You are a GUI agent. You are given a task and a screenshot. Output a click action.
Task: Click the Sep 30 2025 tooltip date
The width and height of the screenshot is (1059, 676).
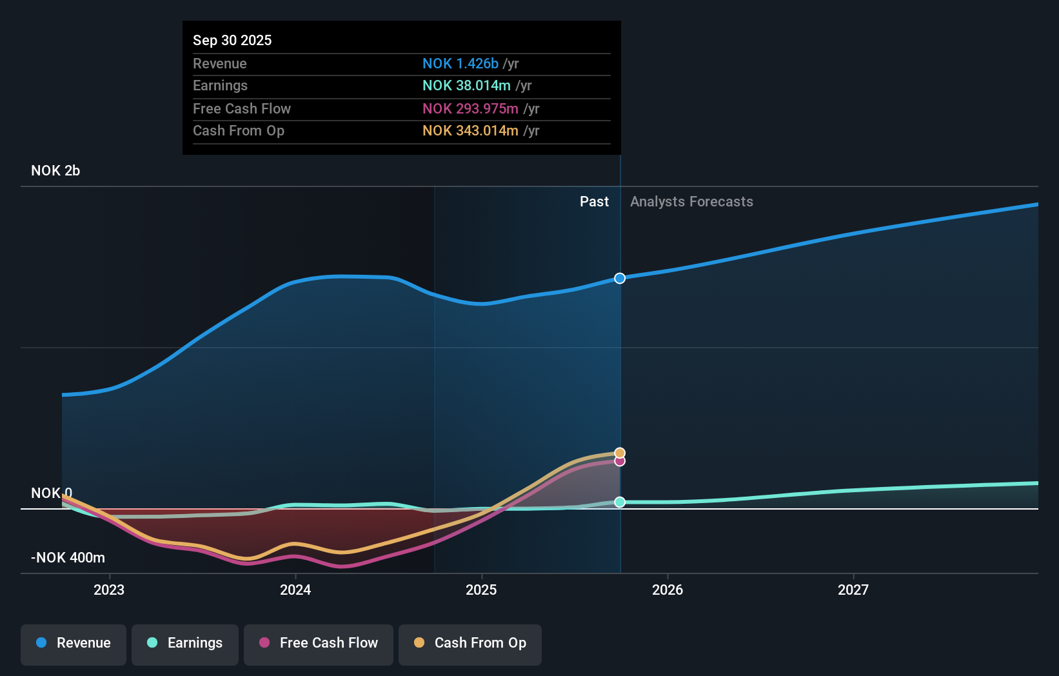click(x=232, y=40)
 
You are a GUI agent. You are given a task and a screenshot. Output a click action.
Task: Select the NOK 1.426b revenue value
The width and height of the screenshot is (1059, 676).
click(x=460, y=63)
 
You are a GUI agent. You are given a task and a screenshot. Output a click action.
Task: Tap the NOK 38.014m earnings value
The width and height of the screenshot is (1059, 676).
click(x=466, y=85)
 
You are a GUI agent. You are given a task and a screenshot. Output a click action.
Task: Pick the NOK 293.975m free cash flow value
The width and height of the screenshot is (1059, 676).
click(x=470, y=108)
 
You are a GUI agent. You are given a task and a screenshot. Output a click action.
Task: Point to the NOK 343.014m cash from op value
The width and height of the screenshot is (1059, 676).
click(x=470, y=130)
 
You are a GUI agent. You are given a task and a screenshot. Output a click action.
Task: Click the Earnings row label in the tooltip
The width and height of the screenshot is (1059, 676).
click(x=220, y=85)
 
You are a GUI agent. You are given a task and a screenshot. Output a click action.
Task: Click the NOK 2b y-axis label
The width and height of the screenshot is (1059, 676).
click(x=55, y=170)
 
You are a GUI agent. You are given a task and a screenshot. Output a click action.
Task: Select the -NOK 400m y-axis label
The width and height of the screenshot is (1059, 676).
click(x=68, y=557)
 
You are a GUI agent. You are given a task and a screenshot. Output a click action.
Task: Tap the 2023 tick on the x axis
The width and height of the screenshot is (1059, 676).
click(x=109, y=590)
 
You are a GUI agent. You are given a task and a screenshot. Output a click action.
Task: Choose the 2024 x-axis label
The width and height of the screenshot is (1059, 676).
click(x=295, y=590)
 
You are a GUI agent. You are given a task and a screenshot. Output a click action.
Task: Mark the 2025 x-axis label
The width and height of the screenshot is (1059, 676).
click(x=481, y=590)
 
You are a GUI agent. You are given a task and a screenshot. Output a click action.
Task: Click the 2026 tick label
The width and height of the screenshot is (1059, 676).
click(x=668, y=590)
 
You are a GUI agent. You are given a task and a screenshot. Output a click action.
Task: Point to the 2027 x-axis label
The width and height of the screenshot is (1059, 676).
click(x=853, y=590)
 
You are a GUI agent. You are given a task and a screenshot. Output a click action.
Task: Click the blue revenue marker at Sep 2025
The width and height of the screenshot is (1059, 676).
click(x=620, y=278)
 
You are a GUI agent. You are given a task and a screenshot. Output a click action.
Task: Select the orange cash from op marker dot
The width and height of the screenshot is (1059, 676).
click(x=620, y=453)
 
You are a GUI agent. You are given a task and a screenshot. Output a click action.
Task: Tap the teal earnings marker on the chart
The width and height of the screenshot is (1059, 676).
click(x=620, y=502)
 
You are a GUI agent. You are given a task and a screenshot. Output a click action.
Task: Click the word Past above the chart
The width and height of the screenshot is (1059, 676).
click(x=594, y=201)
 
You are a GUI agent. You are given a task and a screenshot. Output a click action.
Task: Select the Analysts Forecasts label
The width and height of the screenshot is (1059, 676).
click(x=691, y=201)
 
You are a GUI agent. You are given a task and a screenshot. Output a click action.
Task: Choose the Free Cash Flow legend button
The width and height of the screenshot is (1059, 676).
click(x=319, y=643)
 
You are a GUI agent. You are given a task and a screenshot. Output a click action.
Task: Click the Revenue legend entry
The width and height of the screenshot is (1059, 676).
click(x=74, y=643)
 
